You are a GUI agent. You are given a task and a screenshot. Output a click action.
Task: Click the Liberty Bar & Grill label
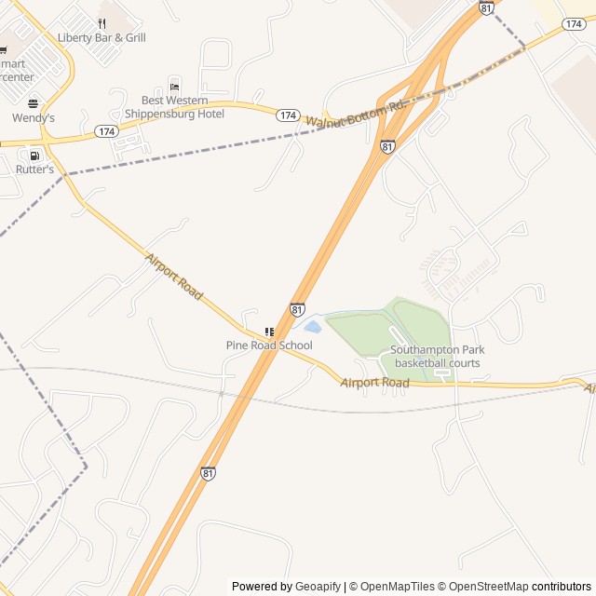[x=102, y=38]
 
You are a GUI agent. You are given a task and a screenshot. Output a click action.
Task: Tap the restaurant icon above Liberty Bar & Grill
[x=102, y=23]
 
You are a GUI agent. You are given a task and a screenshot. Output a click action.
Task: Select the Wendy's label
[x=34, y=118]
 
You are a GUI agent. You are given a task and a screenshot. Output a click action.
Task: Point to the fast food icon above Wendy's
[x=34, y=103]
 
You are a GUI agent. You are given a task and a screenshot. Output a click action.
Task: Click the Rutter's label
[x=34, y=169]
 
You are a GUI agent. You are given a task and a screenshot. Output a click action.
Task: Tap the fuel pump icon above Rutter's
[x=34, y=156]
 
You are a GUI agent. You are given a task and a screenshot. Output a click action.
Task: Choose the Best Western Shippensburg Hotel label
[x=183, y=106]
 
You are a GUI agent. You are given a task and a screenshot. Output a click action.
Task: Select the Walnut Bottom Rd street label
[x=357, y=115]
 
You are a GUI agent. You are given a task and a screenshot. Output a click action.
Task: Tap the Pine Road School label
[x=269, y=345]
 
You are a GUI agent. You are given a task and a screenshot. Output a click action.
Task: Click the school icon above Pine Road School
[x=269, y=332]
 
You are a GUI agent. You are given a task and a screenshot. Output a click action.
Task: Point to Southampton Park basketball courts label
[x=437, y=357]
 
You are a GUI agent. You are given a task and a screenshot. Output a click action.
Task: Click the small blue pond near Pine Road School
[x=313, y=327]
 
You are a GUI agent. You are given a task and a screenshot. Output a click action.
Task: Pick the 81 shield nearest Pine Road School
[x=297, y=309]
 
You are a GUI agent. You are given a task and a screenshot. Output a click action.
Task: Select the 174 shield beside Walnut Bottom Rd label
[x=288, y=115]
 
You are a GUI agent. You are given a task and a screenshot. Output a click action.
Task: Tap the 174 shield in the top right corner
[x=574, y=23]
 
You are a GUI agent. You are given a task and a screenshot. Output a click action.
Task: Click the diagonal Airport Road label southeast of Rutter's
[x=174, y=276]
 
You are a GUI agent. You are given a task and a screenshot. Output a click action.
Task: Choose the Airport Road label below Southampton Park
[x=374, y=383]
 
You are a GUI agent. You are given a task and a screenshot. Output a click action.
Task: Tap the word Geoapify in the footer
[x=318, y=587]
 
